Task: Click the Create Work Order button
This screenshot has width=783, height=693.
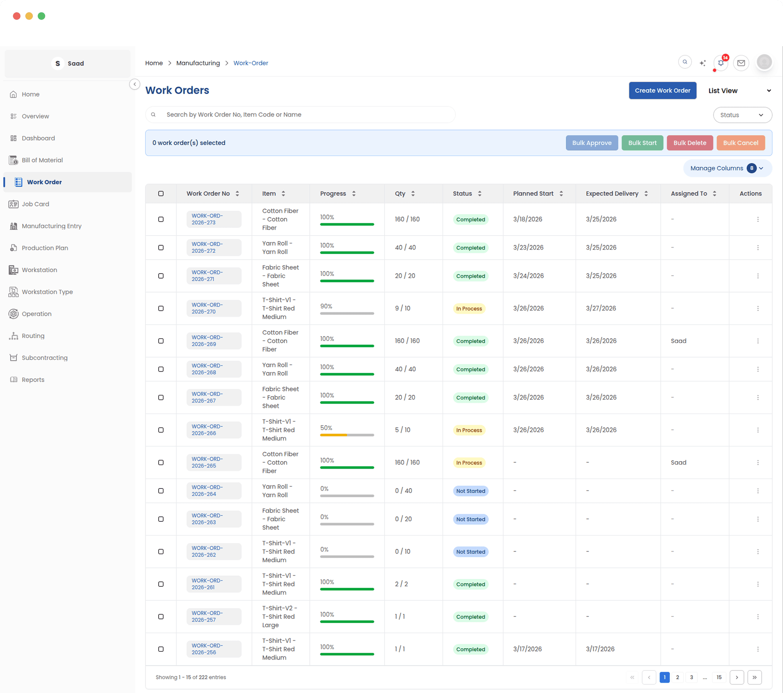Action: (662, 91)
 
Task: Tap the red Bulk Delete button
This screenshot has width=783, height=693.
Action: (690, 143)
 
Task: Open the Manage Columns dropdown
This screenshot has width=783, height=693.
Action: (727, 168)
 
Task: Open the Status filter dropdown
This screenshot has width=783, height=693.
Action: (742, 115)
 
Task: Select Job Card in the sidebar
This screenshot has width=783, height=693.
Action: (35, 204)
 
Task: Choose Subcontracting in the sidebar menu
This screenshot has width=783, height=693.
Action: (44, 358)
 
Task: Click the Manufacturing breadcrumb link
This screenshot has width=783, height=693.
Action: (198, 63)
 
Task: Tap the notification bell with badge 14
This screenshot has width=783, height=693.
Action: (721, 63)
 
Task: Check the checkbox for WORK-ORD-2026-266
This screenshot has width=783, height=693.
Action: (161, 430)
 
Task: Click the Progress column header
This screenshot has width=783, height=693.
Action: (333, 194)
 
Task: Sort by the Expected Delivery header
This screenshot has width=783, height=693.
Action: (612, 194)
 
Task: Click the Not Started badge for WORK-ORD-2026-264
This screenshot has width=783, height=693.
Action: (470, 491)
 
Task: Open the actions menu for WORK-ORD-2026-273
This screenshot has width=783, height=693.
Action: (758, 219)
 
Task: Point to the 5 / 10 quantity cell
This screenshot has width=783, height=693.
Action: (403, 430)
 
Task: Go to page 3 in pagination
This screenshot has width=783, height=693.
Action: (692, 677)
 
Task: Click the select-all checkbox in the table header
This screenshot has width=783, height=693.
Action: (161, 194)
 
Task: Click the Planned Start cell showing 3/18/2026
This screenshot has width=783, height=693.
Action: (528, 219)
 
